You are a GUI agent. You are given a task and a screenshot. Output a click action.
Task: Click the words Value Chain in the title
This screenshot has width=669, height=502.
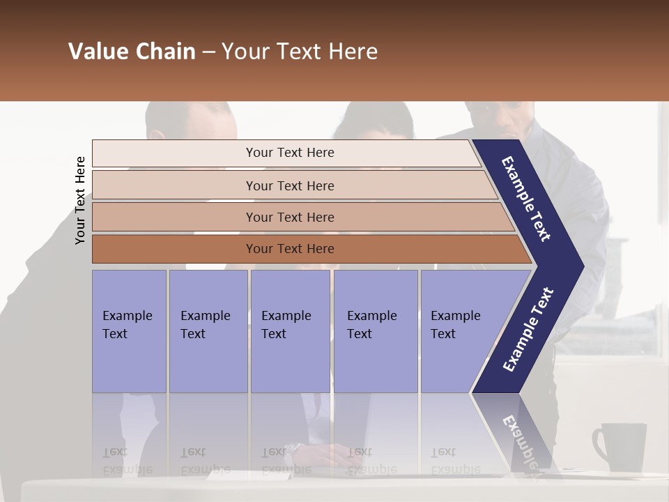tap(132, 52)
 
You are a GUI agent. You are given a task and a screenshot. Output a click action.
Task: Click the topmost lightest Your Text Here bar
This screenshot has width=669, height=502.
tap(289, 153)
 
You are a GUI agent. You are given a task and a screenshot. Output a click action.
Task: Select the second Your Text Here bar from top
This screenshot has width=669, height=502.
tap(289, 185)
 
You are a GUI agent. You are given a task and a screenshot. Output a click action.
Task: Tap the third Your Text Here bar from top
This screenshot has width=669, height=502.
tap(289, 217)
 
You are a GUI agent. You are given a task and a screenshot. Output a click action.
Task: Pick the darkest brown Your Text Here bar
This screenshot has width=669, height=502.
tap(289, 249)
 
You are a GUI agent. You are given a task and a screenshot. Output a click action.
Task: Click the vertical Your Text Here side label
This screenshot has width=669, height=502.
tap(80, 200)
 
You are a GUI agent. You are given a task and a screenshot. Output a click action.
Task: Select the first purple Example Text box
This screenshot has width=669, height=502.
tap(129, 331)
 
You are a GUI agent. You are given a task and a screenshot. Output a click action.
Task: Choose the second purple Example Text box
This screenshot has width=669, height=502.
tap(208, 331)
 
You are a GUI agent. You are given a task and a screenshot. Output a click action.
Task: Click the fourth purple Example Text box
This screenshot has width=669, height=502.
tap(375, 331)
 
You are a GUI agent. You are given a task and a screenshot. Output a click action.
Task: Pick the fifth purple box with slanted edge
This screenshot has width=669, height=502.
tap(460, 331)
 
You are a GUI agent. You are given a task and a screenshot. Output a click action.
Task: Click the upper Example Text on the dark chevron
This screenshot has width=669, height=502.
tap(527, 199)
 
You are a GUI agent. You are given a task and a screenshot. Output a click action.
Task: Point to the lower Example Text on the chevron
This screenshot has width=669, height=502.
tap(528, 329)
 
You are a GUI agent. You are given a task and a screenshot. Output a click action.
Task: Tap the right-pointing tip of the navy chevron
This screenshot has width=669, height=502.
tap(580, 266)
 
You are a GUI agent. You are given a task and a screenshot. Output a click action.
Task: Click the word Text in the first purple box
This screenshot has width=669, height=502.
tap(115, 334)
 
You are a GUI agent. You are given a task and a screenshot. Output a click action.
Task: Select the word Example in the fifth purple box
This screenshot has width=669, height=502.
tap(455, 316)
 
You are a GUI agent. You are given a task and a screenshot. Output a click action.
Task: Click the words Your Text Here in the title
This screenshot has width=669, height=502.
tap(300, 52)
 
